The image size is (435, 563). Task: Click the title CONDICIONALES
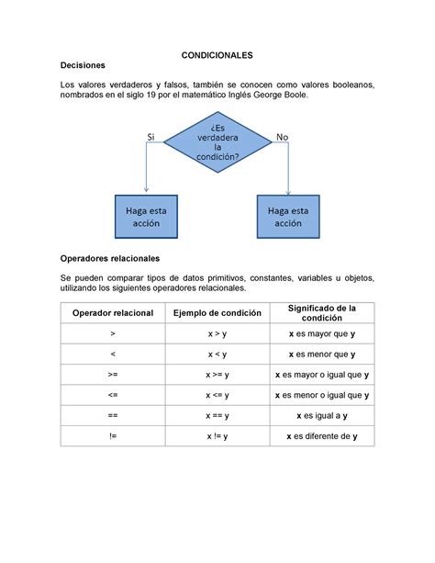(217, 54)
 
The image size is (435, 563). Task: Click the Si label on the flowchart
(152, 136)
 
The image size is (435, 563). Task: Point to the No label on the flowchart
(282, 136)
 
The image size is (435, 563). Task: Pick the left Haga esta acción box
(147, 216)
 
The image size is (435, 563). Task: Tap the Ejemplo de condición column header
(217, 313)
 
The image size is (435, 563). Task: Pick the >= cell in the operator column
(111, 375)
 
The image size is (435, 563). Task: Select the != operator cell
(111, 436)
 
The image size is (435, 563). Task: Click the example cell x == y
(217, 416)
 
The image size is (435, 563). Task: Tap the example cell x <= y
(217, 396)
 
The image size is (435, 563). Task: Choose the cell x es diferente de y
(321, 436)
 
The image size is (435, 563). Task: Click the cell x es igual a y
(321, 416)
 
